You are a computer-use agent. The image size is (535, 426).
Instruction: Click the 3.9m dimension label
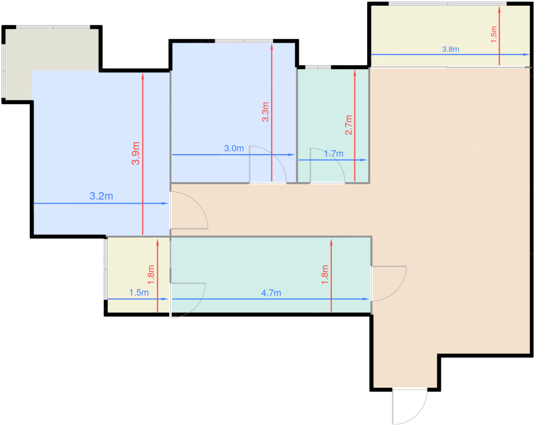[136, 153]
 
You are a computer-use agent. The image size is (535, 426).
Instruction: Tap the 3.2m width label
[101, 196]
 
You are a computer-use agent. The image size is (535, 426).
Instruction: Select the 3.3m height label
[266, 112]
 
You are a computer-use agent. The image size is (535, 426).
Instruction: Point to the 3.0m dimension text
[234, 149]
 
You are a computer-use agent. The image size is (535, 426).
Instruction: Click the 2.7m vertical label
[349, 125]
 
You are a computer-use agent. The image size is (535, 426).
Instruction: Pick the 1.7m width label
[334, 153]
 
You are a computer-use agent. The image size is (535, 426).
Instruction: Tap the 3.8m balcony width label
[451, 49]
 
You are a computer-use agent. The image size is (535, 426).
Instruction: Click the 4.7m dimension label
[271, 293]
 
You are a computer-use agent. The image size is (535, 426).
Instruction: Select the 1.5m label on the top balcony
[494, 34]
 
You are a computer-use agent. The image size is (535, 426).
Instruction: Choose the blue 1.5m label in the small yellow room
[139, 292]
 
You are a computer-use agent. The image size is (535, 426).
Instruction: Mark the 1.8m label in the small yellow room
[151, 274]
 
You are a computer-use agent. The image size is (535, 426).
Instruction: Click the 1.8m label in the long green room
[325, 274]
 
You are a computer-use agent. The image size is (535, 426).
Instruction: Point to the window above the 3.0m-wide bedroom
[244, 41]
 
